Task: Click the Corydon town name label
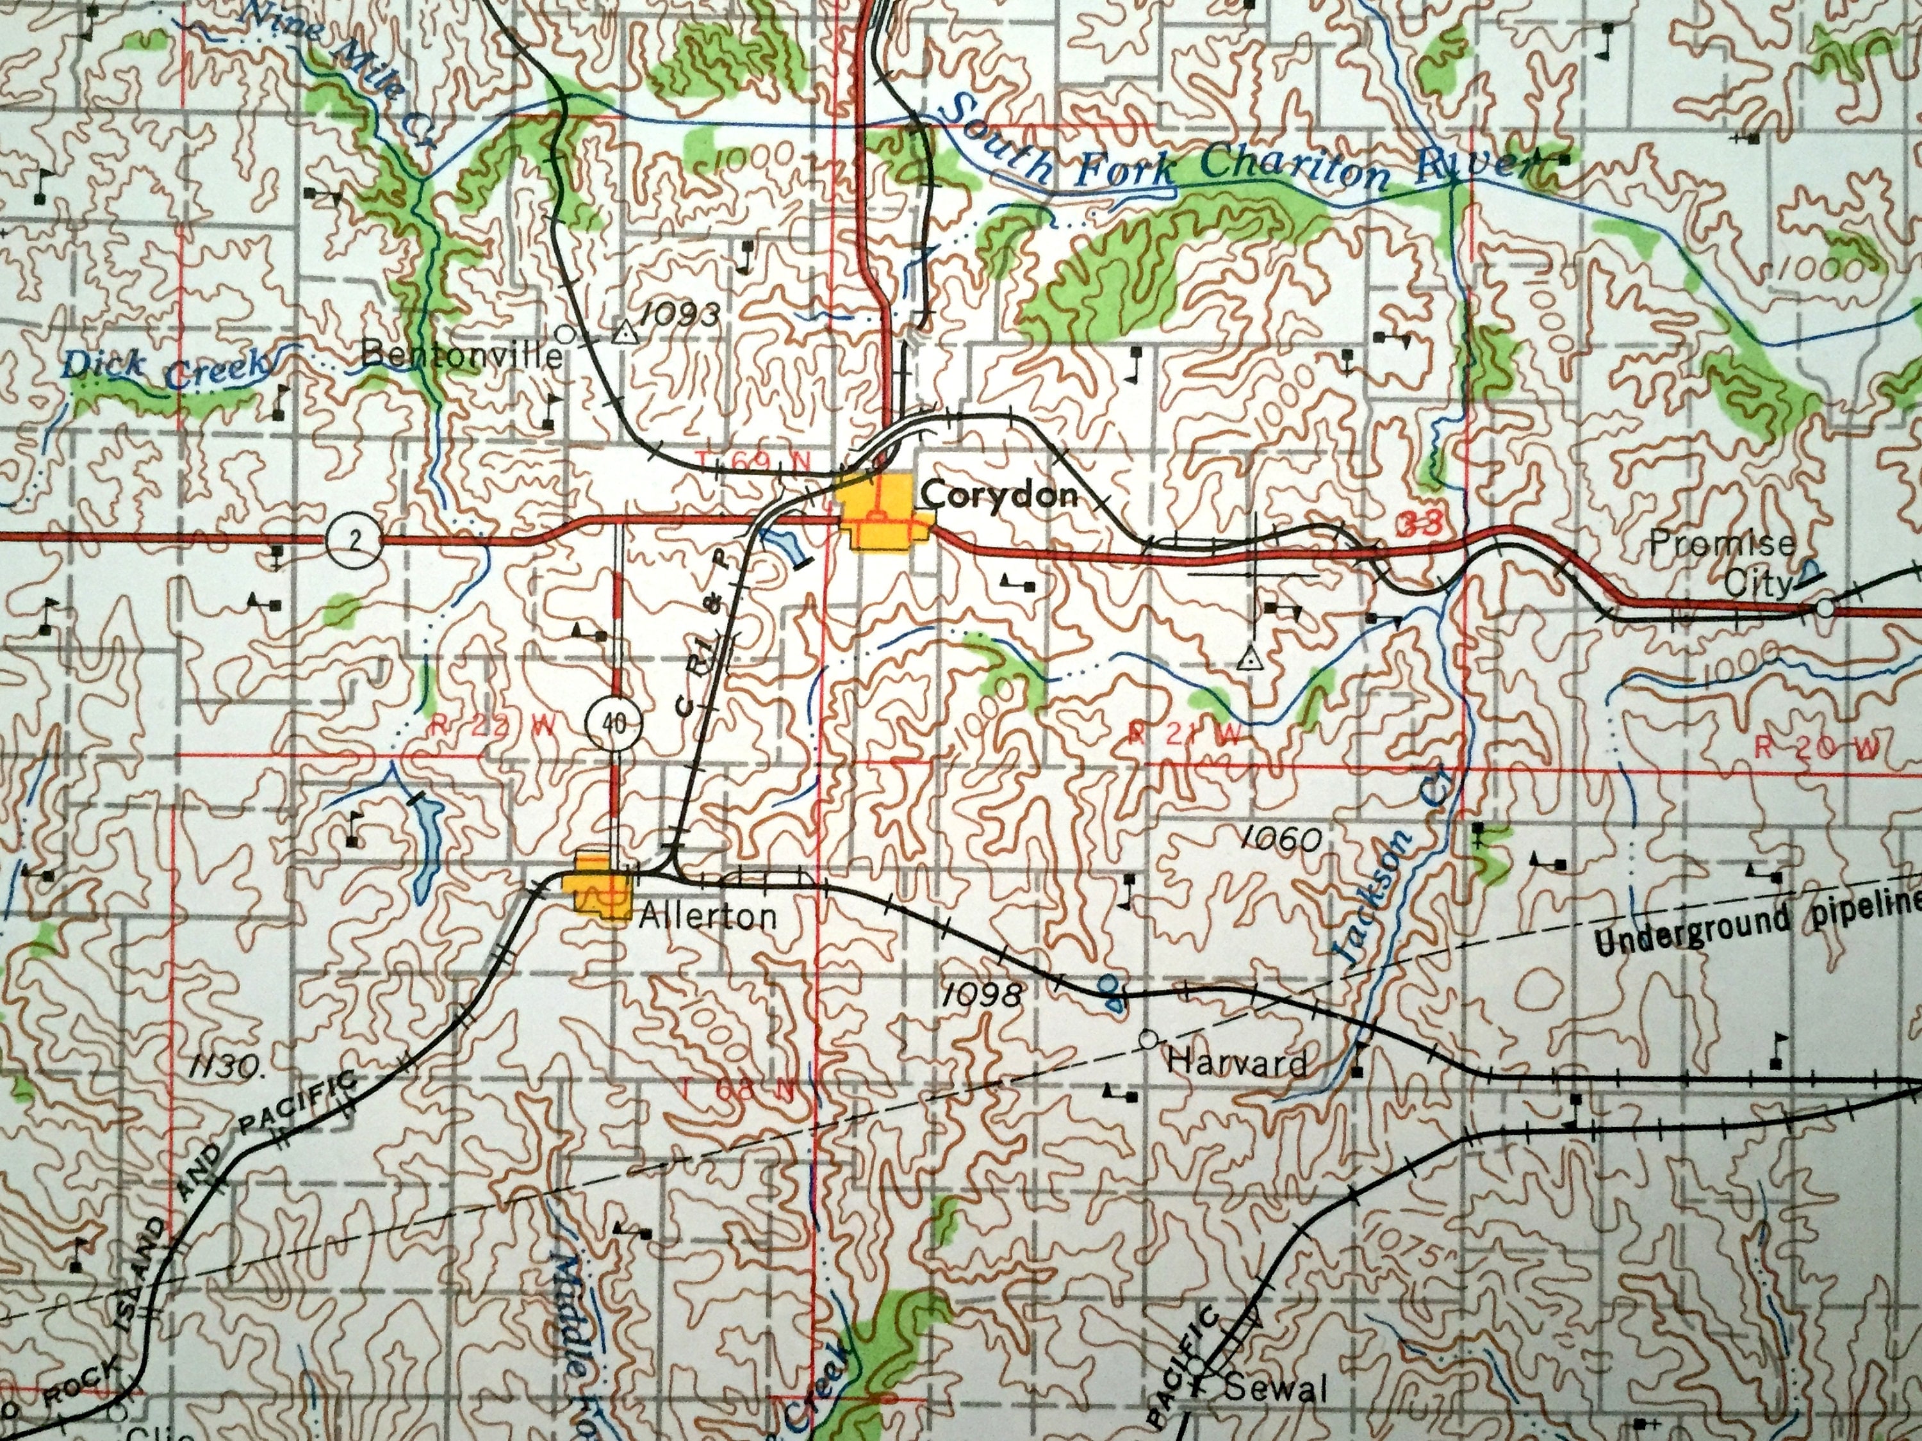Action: pos(999,496)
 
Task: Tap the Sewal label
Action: pos(1276,1389)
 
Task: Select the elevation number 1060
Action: pos(1283,839)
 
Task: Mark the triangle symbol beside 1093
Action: pos(622,334)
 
